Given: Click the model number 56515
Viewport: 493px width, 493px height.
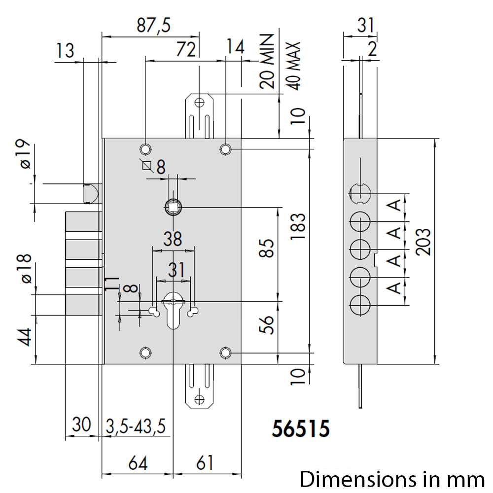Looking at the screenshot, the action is pyautogui.click(x=301, y=428).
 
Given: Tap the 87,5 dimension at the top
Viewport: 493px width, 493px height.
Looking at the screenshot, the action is pyautogui.click(x=153, y=25).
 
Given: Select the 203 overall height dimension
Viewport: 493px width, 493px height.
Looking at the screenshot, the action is pyautogui.click(x=423, y=242).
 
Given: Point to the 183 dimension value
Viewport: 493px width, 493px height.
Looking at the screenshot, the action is pyautogui.click(x=298, y=226).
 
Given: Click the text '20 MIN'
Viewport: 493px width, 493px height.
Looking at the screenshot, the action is pyautogui.click(x=267, y=61).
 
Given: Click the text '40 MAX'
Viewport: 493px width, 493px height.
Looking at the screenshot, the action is pyautogui.click(x=294, y=66).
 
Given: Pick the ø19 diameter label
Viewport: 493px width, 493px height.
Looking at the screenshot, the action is pyautogui.click(x=25, y=154).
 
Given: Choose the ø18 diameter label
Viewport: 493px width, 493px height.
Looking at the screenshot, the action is pyautogui.click(x=25, y=269).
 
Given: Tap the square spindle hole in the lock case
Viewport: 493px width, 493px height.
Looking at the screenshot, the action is pyautogui.click(x=173, y=207).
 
